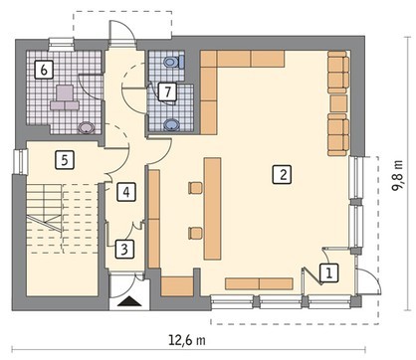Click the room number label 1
tap(328, 272)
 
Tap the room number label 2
tap(283, 174)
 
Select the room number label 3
tap(124, 249)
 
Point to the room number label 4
tap(126, 192)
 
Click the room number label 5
tap(65, 160)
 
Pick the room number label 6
tap(44, 70)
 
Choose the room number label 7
tap(167, 91)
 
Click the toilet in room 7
tap(174, 62)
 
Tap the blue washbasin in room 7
tap(171, 125)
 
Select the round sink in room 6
tap(87, 127)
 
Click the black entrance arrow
tap(129, 301)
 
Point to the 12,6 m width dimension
tap(187, 340)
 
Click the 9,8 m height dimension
tap(397, 175)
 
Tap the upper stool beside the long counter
tap(195, 188)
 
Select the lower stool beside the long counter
tap(195, 233)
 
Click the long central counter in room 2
tap(213, 208)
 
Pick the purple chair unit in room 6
tap(65, 97)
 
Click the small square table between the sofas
tap(338, 103)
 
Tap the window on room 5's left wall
tap(20, 161)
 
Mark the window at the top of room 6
tap(61, 44)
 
